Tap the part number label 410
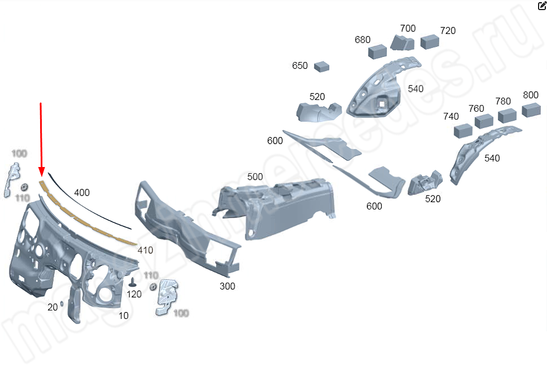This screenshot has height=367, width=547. [x=145, y=250]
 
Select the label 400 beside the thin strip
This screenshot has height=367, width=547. [x=81, y=193]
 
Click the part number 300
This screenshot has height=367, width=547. [x=227, y=286]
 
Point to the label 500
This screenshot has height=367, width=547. [x=255, y=177]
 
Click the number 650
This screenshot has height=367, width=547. [x=300, y=65]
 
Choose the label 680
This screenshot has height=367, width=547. [x=362, y=40]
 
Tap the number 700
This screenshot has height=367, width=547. [x=408, y=28]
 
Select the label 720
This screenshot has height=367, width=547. [x=448, y=30]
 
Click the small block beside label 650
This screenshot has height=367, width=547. [x=322, y=66]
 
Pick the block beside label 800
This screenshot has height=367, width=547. [x=531, y=110]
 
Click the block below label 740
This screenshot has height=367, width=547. [x=463, y=131]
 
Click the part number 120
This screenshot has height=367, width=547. [x=135, y=294]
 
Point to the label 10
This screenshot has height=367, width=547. [x=123, y=316]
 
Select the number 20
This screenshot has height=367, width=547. [x=52, y=307]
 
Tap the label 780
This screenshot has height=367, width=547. [x=503, y=101]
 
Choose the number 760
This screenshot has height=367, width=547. [x=476, y=108]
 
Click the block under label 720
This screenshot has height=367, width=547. [x=430, y=41]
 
